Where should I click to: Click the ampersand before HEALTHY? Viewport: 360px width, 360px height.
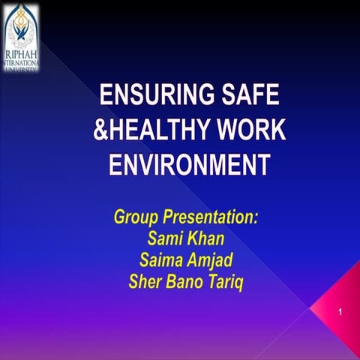point(100,130)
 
